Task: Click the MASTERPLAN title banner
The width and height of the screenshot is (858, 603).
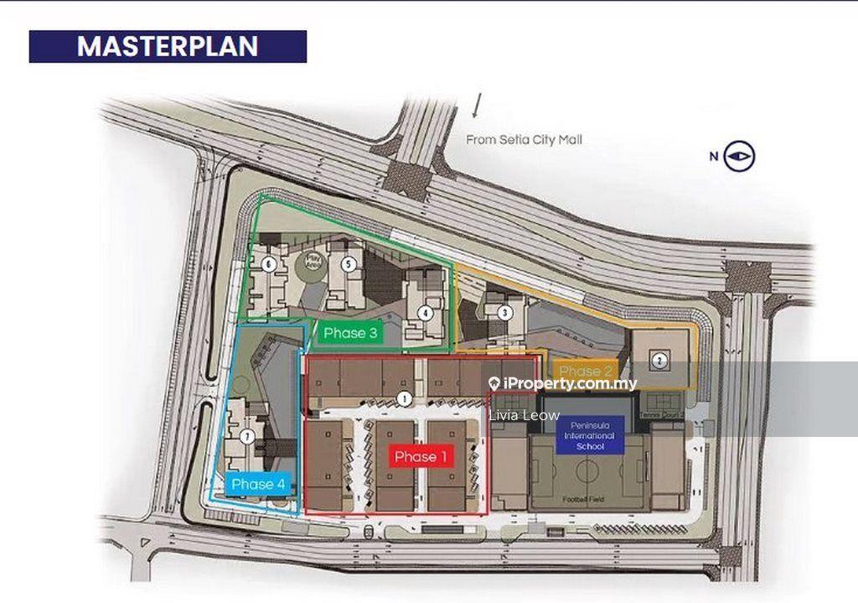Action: pos(168,47)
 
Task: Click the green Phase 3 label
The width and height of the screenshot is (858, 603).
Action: pos(351,333)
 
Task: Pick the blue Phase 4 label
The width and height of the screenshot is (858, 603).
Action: pos(258,484)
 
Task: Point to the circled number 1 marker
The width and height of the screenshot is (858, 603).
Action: pos(405,398)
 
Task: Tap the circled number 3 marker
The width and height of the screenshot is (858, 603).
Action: pos(505,314)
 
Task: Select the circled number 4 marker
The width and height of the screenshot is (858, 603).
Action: pos(426,314)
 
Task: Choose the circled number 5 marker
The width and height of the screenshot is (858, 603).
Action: pos(349,263)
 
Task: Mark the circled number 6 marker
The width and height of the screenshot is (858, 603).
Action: pos(268,264)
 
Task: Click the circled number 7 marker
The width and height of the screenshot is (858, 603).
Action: pos(246,436)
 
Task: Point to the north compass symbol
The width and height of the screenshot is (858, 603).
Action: pos(742,156)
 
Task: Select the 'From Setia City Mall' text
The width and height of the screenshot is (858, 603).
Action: pos(524,140)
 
